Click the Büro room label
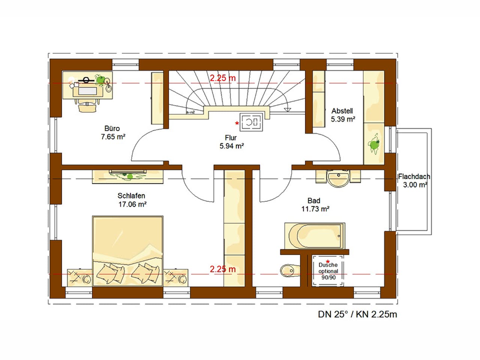click(112, 129)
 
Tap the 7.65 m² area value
click(113, 137)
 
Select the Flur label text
click(231, 138)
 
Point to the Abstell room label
click(342, 111)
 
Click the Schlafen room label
click(131, 196)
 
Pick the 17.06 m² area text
click(132, 204)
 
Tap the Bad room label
click(314, 201)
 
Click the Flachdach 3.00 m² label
click(414, 180)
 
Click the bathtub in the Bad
click(314, 236)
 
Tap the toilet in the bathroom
click(289, 270)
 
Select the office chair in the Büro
click(87, 106)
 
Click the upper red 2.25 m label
click(223, 78)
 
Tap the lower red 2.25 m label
click(223, 269)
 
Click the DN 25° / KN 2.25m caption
click(357, 314)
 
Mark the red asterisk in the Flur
click(237, 123)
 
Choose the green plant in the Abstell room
click(374, 144)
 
